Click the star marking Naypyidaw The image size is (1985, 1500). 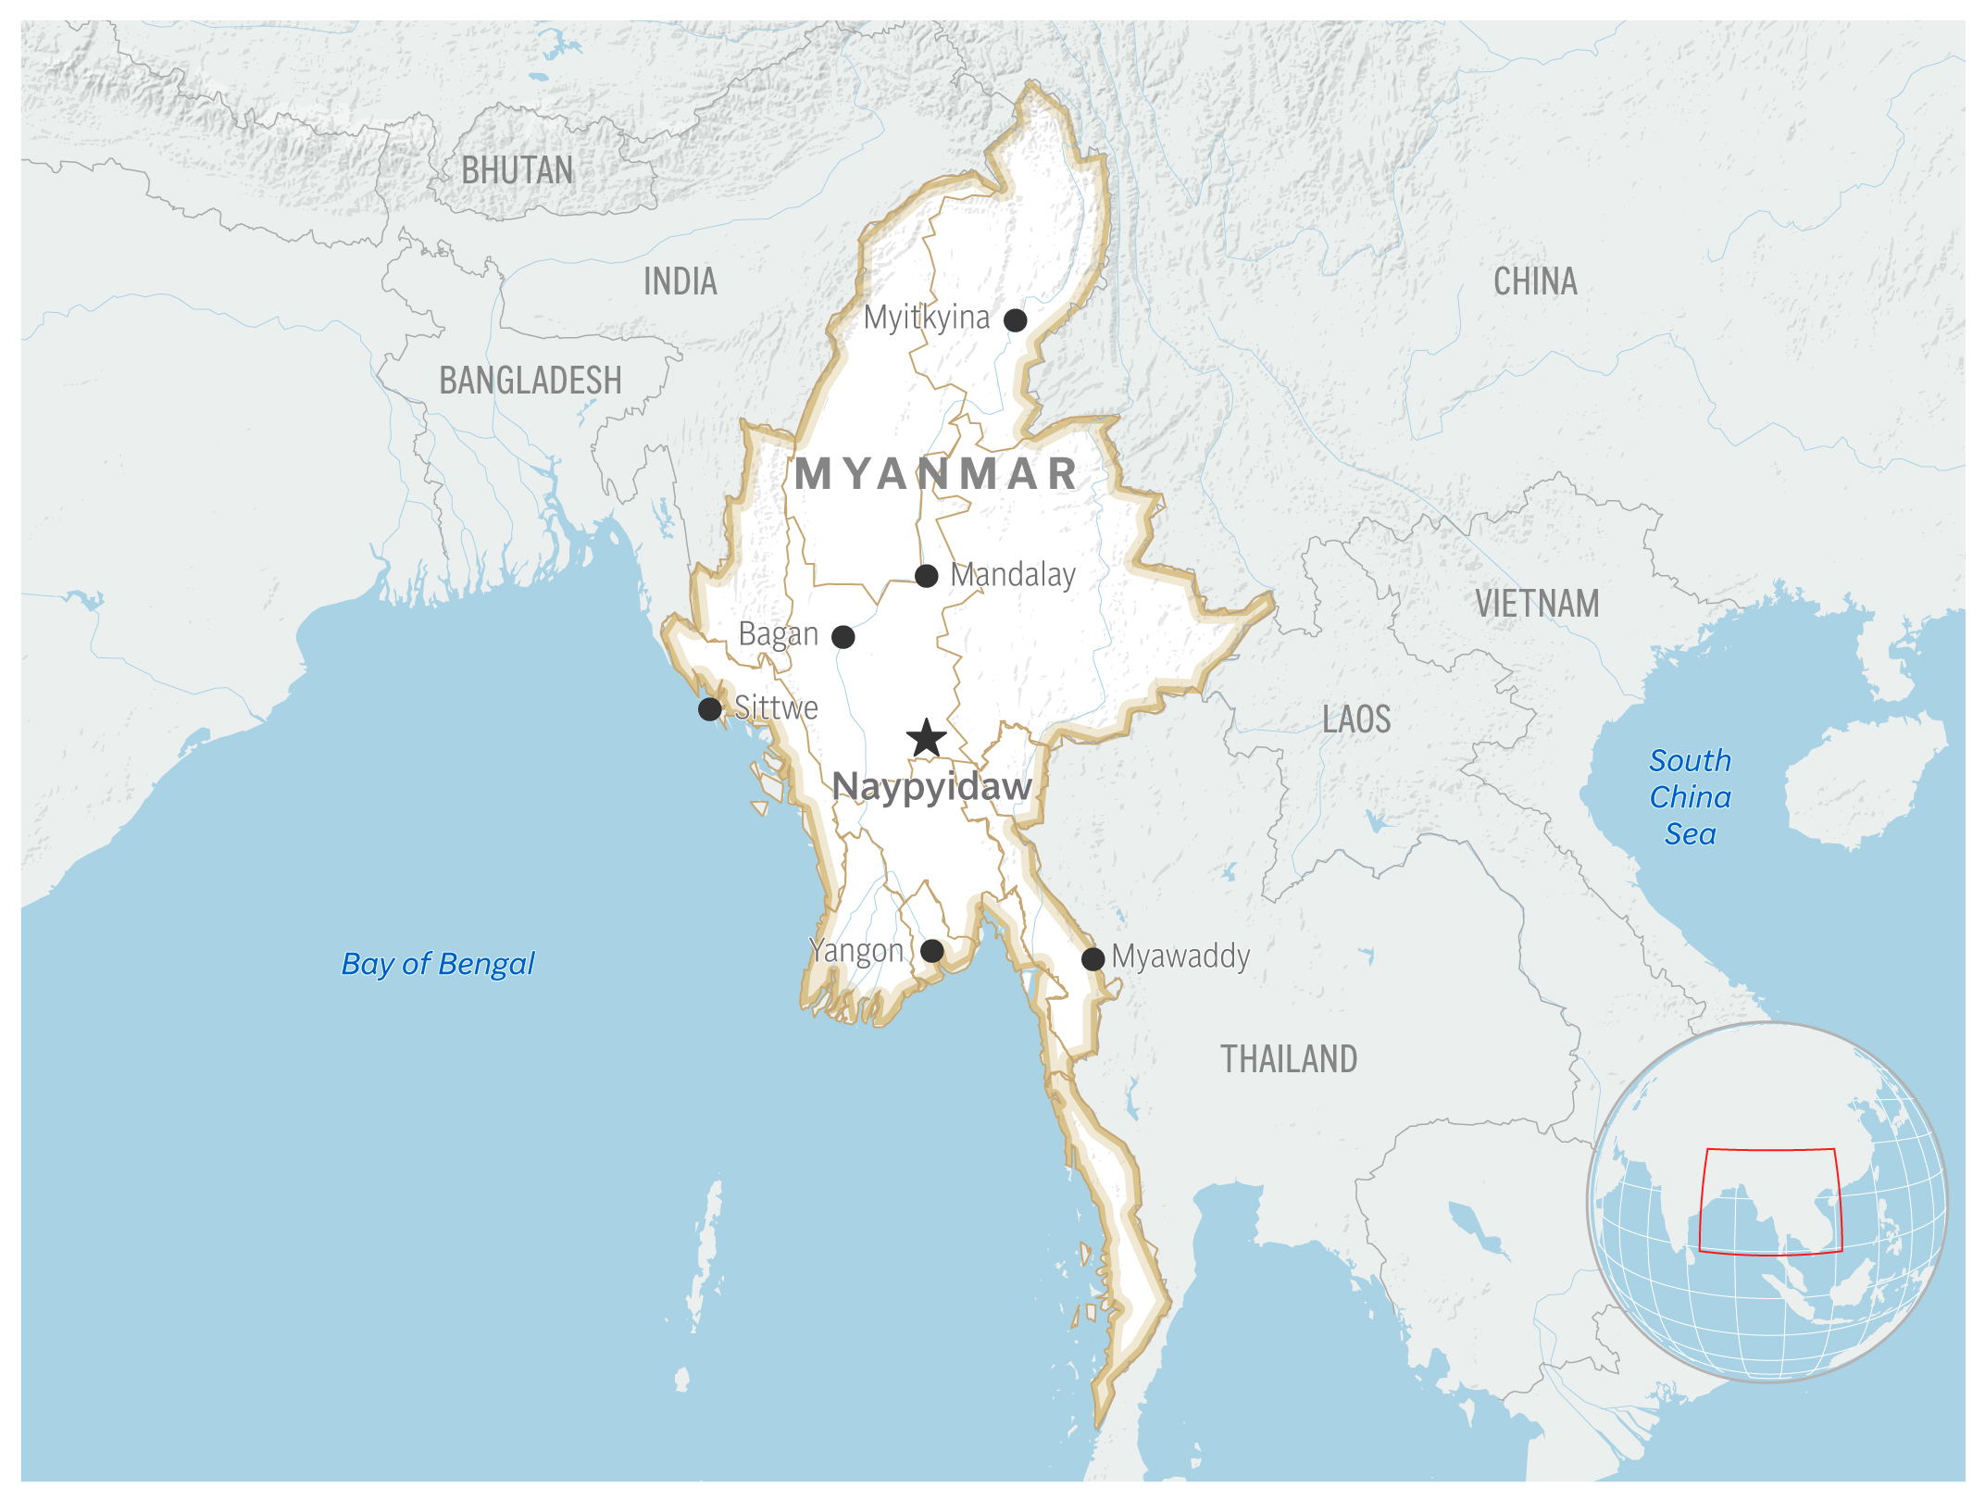pos(926,739)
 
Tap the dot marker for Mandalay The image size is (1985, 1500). pos(926,576)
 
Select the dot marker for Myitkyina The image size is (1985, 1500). pos(1015,320)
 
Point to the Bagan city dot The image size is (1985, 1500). pos(843,637)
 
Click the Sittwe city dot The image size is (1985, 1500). pos(709,709)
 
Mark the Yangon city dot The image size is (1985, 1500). pos(932,951)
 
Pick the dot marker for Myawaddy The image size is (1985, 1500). pos(1092,958)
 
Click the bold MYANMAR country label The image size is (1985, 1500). pos(937,474)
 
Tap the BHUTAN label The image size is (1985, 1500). pos(518,170)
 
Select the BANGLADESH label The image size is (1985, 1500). pos(531,381)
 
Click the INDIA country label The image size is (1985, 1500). pos(680,281)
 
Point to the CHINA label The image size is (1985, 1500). pos(1535,281)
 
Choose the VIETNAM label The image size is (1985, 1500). pos(1537,604)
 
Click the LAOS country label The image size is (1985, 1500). pos(1356,719)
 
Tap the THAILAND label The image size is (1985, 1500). pos(1289,1059)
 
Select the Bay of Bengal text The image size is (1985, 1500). pos(438,964)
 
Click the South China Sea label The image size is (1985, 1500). pos(1690,797)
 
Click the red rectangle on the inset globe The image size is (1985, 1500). pos(1770,1150)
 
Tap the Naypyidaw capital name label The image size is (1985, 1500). pos(931,787)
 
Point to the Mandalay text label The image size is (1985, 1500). pos(1013,575)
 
